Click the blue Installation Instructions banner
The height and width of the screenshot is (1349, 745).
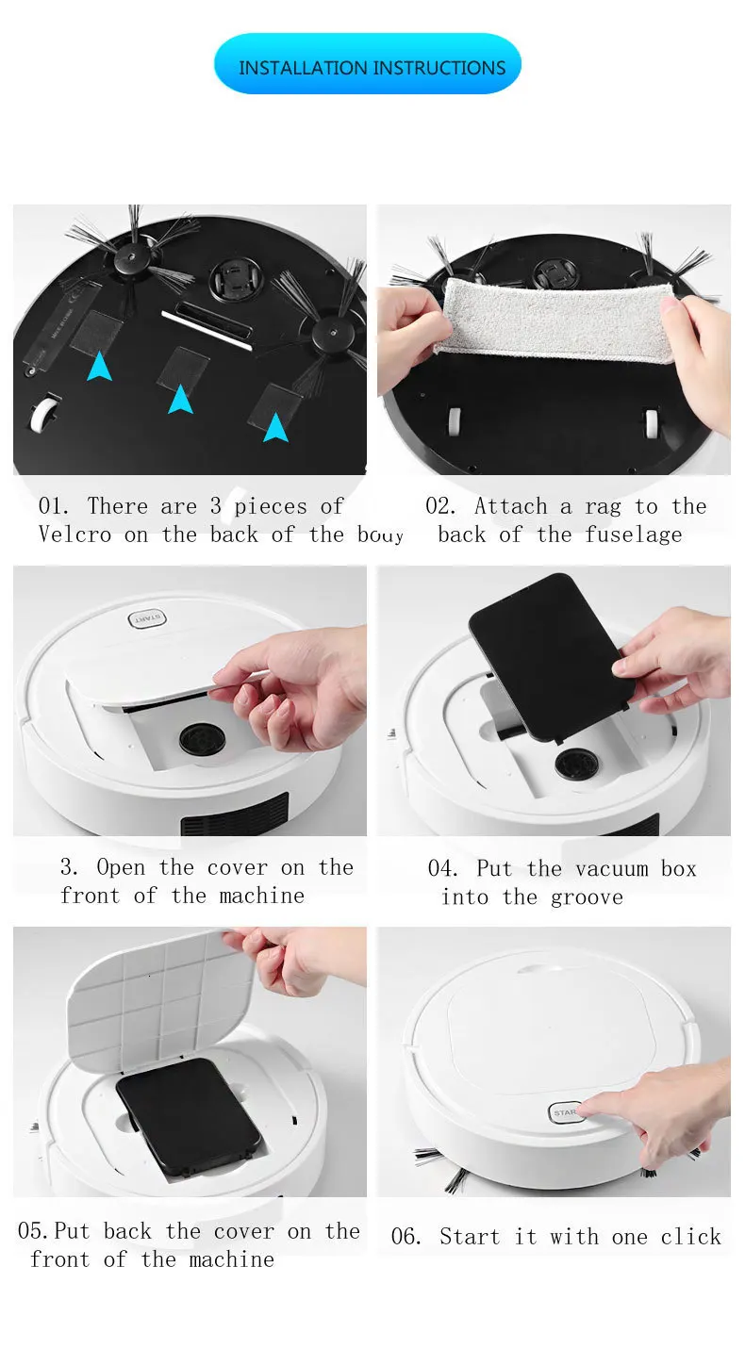[x=368, y=64]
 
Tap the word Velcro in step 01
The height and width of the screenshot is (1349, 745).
[x=74, y=535]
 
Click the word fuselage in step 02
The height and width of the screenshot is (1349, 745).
[x=634, y=535]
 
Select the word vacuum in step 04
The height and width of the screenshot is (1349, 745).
[x=611, y=869]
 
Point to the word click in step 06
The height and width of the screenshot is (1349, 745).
[x=691, y=1237]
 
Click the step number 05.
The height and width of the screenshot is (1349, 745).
[x=32, y=1230]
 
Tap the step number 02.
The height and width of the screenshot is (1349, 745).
[x=439, y=506]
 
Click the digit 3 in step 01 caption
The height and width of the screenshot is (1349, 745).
[x=215, y=506]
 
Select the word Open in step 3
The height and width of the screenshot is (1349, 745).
[x=121, y=868]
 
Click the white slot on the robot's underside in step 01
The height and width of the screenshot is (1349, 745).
[x=207, y=329]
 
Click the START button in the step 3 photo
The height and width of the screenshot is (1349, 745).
[x=147, y=619]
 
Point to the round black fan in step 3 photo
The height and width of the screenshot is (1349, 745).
[x=202, y=740]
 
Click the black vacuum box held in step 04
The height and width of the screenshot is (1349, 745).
[x=551, y=657]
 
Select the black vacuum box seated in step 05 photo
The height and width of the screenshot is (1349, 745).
[x=188, y=1118]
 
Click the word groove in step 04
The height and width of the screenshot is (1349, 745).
[x=587, y=898]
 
